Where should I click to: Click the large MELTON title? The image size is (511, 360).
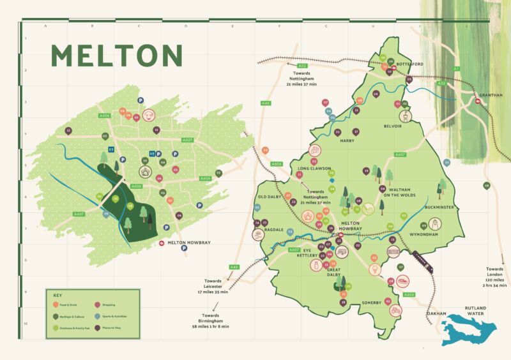pyautogui.click(x=116, y=56)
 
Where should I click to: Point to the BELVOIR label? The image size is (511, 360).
pyautogui.click(x=393, y=126)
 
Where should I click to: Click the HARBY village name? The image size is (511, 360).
pyautogui.click(x=347, y=140)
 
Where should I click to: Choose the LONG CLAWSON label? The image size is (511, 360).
pyautogui.click(x=312, y=169)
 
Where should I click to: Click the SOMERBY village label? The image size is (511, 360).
pyautogui.click(x=371, y=302)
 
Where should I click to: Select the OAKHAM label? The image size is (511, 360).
pyautogui.click(x=436, y=313)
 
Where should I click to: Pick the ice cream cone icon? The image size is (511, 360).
pyautogui.click(x=372, y=270)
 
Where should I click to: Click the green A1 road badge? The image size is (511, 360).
pyautogui.click(x=456, y=68)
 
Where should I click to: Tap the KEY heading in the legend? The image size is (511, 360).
pyautogui.click(x=57, y=296)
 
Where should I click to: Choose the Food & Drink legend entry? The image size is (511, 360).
pyautogui.click(x=70, y=305)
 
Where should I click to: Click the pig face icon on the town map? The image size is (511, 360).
pyautogui.click(x=148, y=116)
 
